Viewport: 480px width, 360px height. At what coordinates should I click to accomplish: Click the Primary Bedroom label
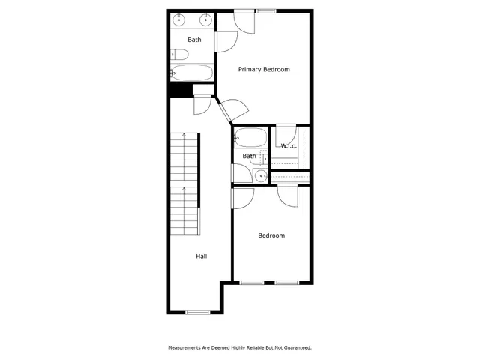264,69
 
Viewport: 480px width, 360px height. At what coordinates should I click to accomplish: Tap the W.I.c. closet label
289,145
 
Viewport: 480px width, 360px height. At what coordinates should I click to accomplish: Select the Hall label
202,256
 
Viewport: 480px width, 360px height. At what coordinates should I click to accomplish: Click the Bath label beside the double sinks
194,40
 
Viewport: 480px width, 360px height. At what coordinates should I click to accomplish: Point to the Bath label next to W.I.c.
249,156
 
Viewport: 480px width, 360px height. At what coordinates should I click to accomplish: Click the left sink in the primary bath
181,19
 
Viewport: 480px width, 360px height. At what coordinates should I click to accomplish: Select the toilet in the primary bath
178,54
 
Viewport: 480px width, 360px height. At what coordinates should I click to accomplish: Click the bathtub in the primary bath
193,73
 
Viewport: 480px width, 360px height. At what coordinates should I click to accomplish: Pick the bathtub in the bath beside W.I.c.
250,137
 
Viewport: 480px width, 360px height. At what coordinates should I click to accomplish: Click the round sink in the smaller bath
259,176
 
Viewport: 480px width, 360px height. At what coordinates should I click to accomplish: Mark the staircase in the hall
184,183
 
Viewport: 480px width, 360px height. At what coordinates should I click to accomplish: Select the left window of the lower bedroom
251,283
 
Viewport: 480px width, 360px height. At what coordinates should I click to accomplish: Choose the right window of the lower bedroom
286,283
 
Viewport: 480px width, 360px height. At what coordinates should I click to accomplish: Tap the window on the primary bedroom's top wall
265,10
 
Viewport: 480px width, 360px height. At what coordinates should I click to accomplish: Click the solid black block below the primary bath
176,90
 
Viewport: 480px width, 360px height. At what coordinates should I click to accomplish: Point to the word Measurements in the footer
185,348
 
